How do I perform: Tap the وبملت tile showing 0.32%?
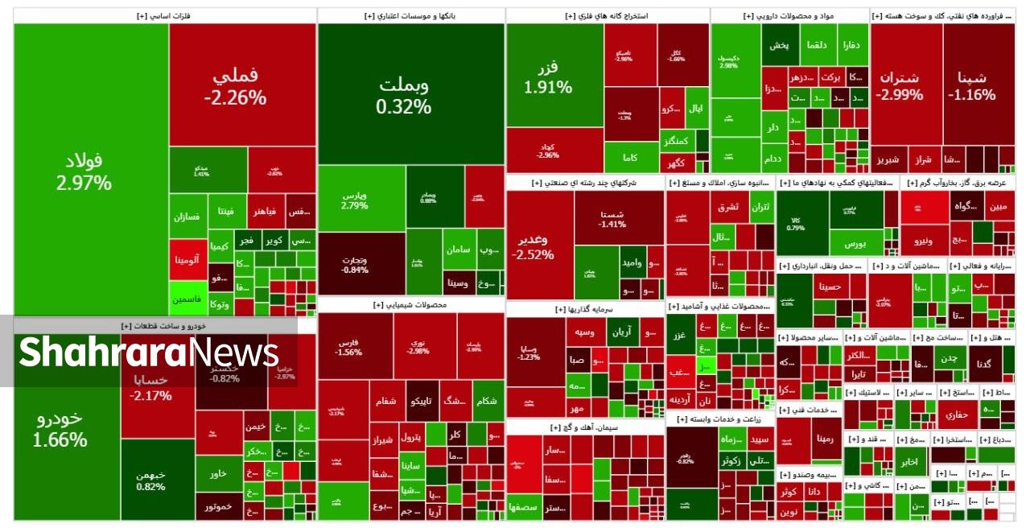point(410,94)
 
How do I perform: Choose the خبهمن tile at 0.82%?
point(157,480)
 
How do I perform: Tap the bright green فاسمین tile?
point(188,299)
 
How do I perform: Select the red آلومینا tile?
point(188,259)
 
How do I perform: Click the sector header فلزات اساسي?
point(164,16)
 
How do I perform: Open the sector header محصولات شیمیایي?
point(411,305)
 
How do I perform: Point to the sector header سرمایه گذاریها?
point(585,309)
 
